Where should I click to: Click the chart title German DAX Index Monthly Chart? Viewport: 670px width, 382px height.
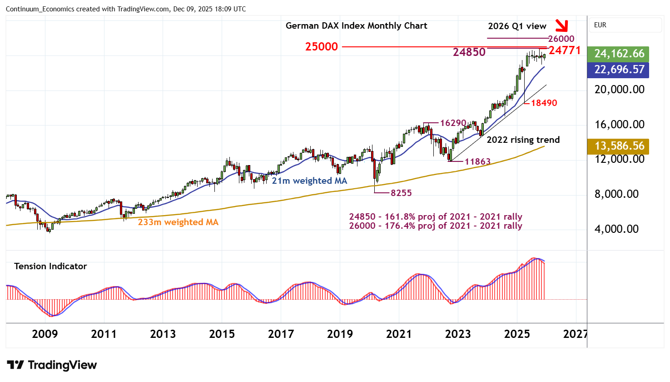[356, 26]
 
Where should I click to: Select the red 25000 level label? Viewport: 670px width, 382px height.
[322, 47]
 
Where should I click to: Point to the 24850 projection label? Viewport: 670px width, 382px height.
[469, 52]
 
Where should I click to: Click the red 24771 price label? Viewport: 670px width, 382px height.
[565, 50]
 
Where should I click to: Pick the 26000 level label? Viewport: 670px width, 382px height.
[561, 39]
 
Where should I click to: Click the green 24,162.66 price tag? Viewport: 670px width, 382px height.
[619, 54]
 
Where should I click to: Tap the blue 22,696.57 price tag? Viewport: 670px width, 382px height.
[619, 70]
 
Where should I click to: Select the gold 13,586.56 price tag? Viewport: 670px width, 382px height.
[619, 146]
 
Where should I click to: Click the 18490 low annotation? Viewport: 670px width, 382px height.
[544, 103]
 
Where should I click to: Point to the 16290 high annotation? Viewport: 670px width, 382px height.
[453, 123]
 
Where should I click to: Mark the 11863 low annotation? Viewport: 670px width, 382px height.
[477, 161]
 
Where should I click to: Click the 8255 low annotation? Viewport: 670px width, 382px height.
[401, 193]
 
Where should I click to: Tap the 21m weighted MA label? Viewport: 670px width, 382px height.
[309, 181]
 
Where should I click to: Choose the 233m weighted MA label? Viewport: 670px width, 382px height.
[178, 222]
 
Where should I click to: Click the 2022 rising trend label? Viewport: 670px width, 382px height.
[523, 140]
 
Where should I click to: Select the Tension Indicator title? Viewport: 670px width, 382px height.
[50, 266]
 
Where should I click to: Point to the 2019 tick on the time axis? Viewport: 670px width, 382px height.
[340, 334]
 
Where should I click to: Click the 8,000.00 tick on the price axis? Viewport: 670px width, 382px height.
[619, 194]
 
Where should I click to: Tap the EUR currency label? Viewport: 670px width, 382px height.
[600, 25]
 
